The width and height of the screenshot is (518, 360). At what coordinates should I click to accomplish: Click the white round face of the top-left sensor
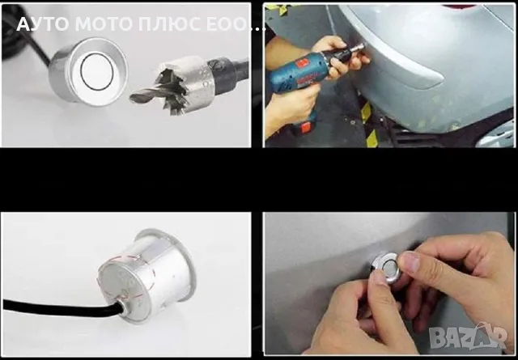97,74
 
